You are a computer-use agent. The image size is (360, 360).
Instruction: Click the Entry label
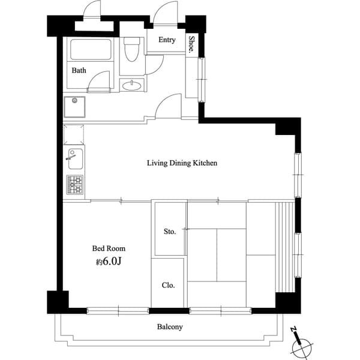[x=167, y=40]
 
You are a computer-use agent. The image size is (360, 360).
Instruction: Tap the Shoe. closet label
[x=191, y=44]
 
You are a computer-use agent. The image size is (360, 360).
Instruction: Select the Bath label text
[x=79, y=70]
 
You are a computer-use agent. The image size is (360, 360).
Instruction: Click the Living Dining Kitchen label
[x=182, y=163]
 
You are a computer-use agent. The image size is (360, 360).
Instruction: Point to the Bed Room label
[x=109, y=248]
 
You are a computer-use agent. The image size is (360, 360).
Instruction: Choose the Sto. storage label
[x=170, y=232]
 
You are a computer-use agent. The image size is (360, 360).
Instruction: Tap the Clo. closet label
[x=169, y=286]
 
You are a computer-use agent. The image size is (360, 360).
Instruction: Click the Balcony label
[x=170, y=327]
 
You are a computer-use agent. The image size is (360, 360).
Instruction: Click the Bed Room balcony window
[x=118, y=310]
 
